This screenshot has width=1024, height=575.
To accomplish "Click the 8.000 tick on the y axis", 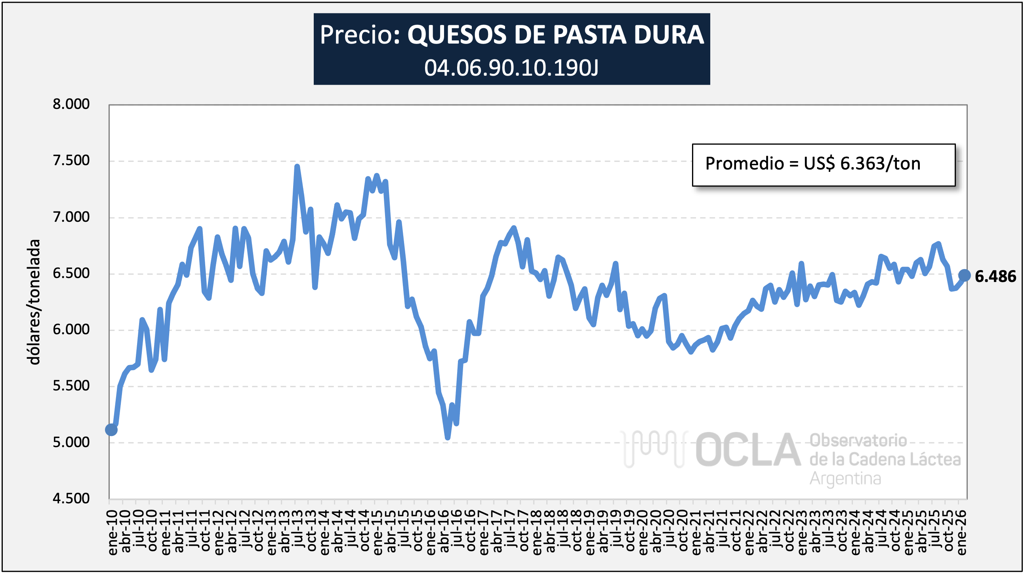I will (x=71, y=104).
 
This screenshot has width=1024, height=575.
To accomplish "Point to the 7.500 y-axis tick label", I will (x=71, y=160).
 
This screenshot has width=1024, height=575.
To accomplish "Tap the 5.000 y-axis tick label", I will (x=71, y=442).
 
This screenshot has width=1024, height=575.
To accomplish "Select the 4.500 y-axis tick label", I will (x=71, y=498).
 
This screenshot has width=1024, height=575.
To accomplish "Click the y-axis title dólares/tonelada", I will (x=34, y=302).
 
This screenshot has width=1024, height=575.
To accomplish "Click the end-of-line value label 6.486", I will (x=995, y=276).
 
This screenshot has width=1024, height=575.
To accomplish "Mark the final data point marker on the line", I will (x=964, y=275).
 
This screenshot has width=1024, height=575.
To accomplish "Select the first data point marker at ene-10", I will (x=111, y=430).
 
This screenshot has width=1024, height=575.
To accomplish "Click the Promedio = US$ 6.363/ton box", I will (x=823, y=164).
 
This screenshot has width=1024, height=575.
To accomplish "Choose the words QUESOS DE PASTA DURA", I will (x=555, y=35).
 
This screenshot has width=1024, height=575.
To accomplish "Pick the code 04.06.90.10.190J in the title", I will (x=511, y=68).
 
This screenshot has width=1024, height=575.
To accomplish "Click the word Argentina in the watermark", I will (x=845, y=478).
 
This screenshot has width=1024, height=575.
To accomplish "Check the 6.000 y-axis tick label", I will (x=71, y=329).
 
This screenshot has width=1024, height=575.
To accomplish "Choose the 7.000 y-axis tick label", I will (x=71, y=217).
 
